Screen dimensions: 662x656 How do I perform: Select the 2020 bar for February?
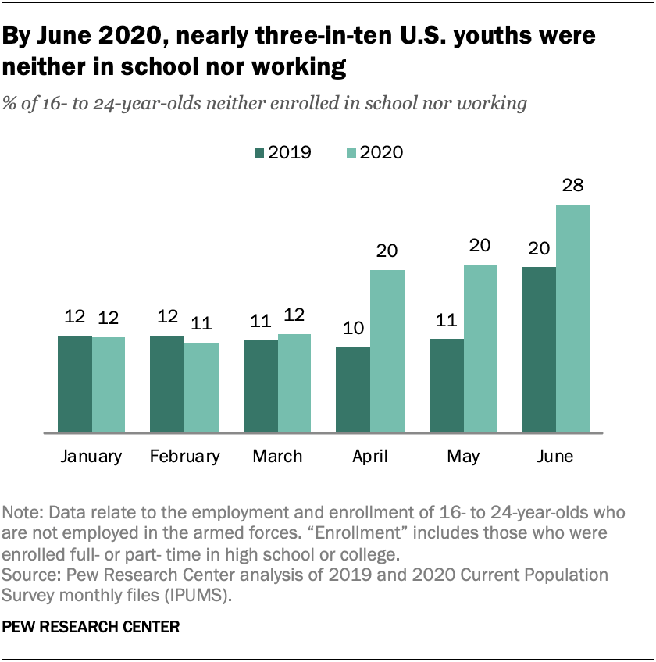point(201,387)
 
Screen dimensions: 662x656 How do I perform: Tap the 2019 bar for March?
point(260,386)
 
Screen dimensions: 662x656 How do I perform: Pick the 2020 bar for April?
point(387,351)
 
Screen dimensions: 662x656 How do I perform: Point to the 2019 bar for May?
point(446,385)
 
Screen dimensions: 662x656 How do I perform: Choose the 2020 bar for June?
point(573,318)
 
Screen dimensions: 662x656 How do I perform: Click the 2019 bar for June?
point(538,349)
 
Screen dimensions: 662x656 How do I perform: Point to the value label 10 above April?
point(352,329)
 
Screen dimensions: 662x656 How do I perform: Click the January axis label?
point(91,457)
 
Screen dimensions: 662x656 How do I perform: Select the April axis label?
point(370,457)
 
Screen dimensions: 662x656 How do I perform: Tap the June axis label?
point(555,457)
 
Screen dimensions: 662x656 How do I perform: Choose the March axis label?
point(276,457)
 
